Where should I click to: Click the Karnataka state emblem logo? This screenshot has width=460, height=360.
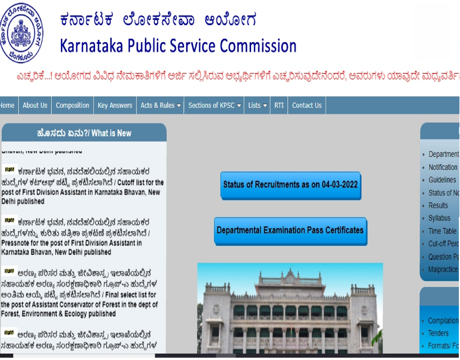click(22, 32)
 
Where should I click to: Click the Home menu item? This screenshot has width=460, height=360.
click(7, 105)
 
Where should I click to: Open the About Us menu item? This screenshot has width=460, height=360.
click(35, 105)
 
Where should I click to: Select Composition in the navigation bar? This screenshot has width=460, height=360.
click(72, 105)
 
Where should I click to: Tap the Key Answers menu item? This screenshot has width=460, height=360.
click(115, 105)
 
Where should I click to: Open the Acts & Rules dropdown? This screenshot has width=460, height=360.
click(161, 105)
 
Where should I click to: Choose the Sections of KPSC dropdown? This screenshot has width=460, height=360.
click(215, 105)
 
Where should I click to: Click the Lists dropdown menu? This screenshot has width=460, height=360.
click(257, 105)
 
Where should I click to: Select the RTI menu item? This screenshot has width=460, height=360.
click(279, 105)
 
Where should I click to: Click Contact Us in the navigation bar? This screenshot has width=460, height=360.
click(307, 105)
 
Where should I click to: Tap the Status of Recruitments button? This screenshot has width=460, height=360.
click(291, 185)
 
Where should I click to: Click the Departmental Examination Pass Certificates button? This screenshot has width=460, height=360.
click(290, 231)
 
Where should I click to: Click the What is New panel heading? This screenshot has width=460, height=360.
click(84, 133)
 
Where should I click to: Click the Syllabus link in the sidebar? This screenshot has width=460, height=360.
click(440, 218)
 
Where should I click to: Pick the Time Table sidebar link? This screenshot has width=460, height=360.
click(442, 231)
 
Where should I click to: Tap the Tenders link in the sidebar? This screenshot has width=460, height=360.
click(438, 333)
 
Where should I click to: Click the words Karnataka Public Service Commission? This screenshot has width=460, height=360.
click(178, 46)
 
